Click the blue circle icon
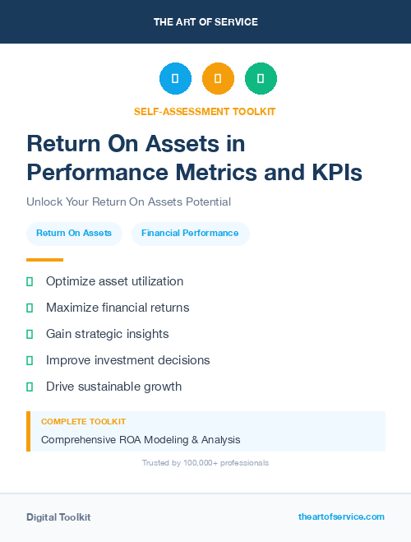pos(175,79)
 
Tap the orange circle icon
pos(218,79)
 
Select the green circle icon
pos(261,79)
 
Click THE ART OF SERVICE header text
pos(205,22)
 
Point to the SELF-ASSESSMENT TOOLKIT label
pos(205,111)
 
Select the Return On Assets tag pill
pos(74,234)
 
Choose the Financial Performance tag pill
pos(190,234)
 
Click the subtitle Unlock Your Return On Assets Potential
pos(128,202)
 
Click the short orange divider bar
pos(44,260)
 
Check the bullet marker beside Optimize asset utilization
pos(30,281)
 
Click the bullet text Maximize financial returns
pos(118,308)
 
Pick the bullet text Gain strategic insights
pos(107,334)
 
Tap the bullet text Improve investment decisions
pos(127,360)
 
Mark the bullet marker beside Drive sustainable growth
pos(30,387)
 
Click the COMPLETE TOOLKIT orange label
pos(77,422)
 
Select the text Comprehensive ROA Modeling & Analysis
pos(141,440)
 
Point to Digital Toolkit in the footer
pos(58,517)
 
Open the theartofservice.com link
pos(341,517)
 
